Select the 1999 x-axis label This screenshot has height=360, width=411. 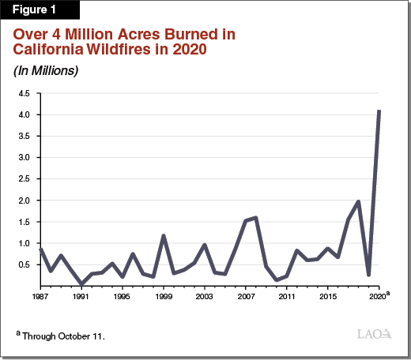pos(164,297)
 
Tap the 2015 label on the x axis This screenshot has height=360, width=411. pos(328,297)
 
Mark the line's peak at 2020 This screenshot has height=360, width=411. pos(379,111)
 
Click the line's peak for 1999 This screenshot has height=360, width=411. pos(164,235)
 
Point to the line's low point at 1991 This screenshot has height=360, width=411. pos(81,283)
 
